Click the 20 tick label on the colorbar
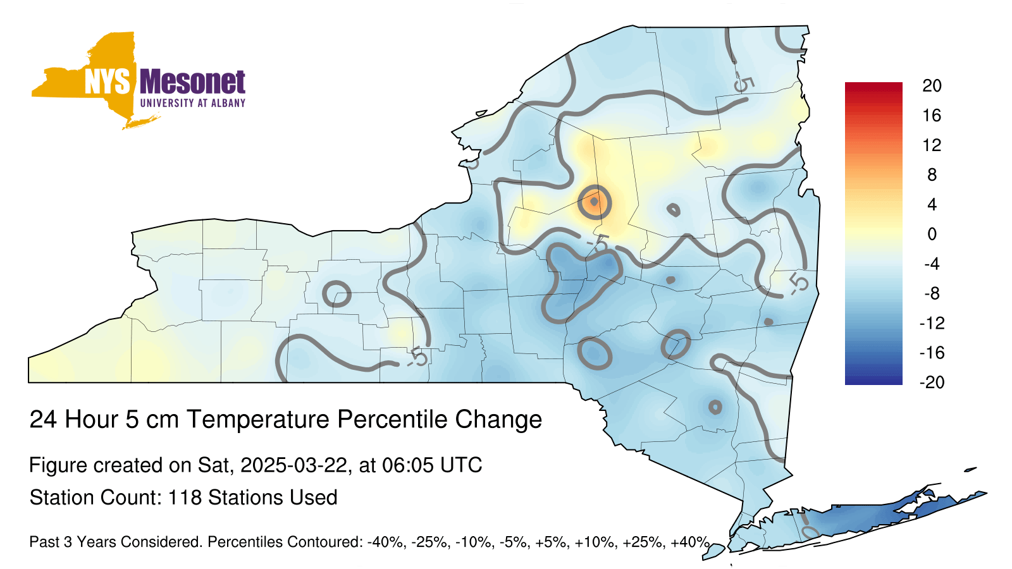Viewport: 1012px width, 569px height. tap(932, 86)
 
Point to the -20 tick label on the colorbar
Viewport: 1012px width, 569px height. tap(932, 382)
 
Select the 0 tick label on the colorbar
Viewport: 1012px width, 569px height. tap(932, 234)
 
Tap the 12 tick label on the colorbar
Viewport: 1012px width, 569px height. tap(932, 145)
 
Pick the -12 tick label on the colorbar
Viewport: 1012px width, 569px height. tap(932, 323)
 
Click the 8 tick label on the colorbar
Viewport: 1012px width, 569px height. tap(932, 174)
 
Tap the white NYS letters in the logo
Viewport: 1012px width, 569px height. tap(107, 82)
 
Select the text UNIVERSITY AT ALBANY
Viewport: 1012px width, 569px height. tap(192, 103)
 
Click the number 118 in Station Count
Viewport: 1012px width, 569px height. tap(185, 498)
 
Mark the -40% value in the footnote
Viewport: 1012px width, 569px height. tap(385, 542)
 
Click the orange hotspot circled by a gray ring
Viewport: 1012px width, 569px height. tap(595, 202)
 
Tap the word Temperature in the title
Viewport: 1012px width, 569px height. tap(259, 419)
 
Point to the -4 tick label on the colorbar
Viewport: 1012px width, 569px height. tap(932, 264)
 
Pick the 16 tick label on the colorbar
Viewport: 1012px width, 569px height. tap(932, 116)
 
